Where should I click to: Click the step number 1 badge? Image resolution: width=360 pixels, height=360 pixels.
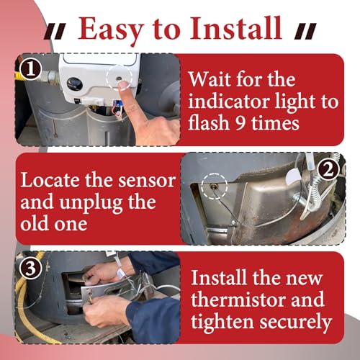pos(30,69)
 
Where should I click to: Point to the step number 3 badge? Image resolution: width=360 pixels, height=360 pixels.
pos(30,268)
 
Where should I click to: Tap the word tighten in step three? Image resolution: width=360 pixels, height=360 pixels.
pos(222,322)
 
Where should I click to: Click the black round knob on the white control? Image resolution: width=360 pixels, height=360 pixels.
pos(74,84)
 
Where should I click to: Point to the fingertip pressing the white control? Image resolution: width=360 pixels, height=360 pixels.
pos(123,85)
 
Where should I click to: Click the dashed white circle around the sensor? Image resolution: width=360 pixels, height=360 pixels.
pos(215,186)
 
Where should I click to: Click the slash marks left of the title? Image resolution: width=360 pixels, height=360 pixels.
pos(55,32)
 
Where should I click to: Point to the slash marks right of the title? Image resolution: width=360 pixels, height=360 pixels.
pos(305,32)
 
